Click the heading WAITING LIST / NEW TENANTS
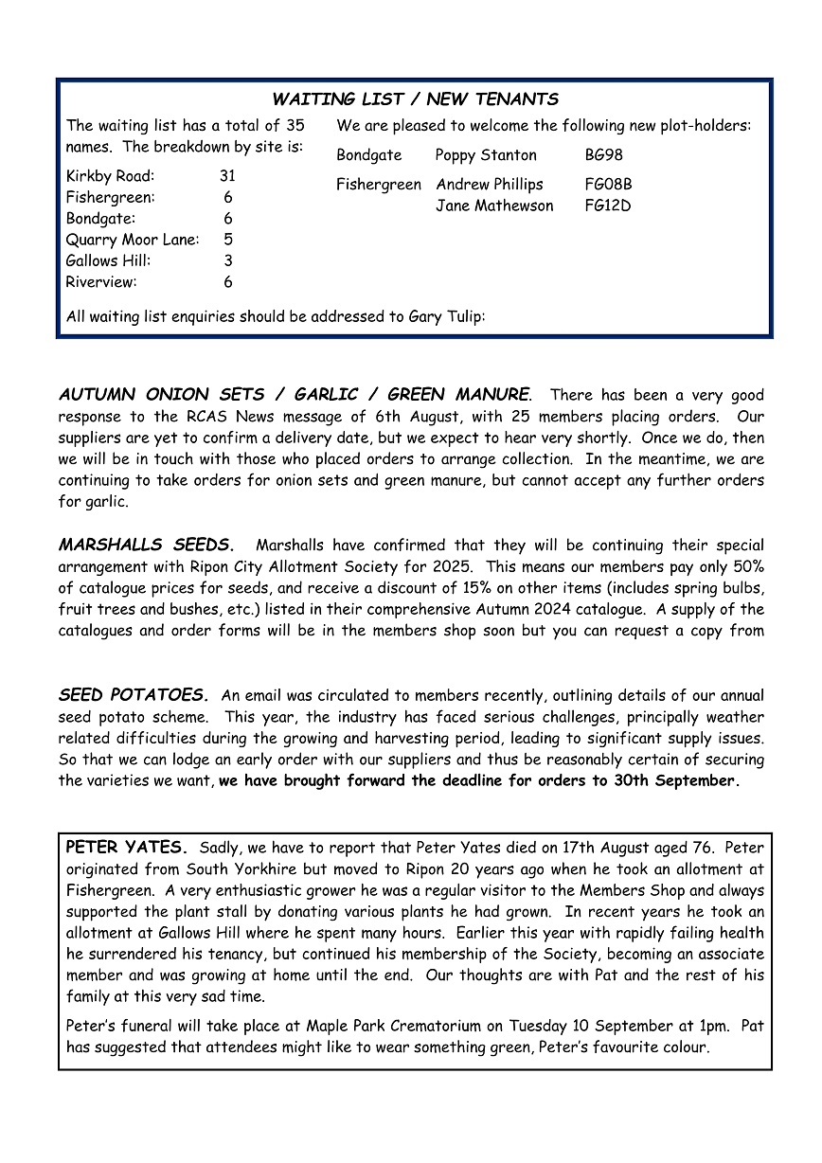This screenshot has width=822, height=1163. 415,99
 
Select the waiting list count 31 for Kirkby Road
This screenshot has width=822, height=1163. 227,176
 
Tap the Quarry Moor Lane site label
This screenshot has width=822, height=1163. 132,240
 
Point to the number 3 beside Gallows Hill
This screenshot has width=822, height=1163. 228,260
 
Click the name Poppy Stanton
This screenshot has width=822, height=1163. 486,155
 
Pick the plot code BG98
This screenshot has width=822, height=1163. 604,155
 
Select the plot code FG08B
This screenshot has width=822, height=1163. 608,185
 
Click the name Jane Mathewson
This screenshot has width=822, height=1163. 494,206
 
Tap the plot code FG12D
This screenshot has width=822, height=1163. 608,206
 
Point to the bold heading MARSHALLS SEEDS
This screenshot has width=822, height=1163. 146,546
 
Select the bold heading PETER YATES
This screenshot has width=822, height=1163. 128,847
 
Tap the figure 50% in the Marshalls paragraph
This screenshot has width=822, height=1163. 745,567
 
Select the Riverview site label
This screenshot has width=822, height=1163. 101,281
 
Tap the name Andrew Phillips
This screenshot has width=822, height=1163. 490,185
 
